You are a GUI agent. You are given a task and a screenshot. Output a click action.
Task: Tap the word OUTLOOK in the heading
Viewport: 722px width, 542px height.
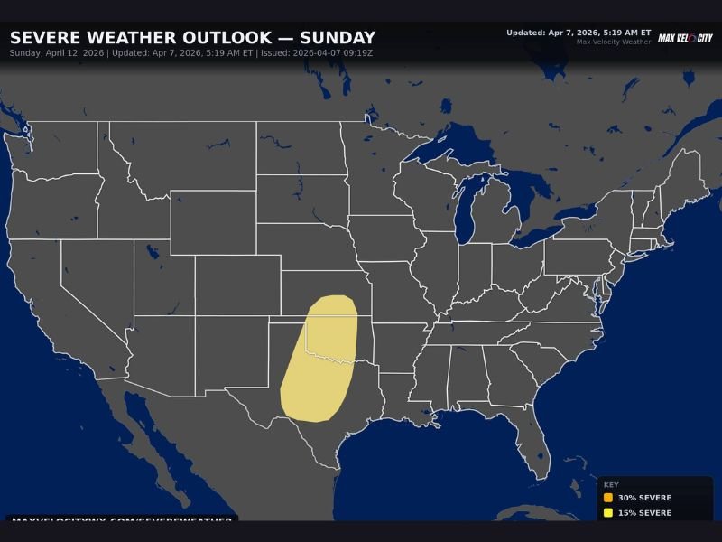point(232,38)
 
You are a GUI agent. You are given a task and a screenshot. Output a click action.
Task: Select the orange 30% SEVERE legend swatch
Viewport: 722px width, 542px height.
point(608,498)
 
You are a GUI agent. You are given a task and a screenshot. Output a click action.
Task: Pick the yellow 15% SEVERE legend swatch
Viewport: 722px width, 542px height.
point(608,513)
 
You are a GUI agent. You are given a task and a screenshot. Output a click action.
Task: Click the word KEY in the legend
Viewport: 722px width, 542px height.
point(611,484)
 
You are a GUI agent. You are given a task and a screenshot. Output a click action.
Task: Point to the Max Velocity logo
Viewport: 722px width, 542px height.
point(685,38)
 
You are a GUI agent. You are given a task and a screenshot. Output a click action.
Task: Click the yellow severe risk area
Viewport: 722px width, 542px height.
point(320,361)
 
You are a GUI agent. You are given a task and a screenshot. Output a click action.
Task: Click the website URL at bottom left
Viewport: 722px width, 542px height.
point(121,520)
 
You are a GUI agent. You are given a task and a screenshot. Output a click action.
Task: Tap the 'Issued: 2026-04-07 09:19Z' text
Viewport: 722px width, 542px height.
point(316,53)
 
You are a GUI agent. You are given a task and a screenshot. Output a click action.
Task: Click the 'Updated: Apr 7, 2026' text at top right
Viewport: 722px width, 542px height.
point(578,33)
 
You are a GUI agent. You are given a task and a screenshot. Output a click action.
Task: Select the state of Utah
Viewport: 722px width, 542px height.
point(162,276)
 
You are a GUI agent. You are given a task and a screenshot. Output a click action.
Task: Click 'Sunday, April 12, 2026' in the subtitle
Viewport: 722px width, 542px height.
point(57,53)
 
